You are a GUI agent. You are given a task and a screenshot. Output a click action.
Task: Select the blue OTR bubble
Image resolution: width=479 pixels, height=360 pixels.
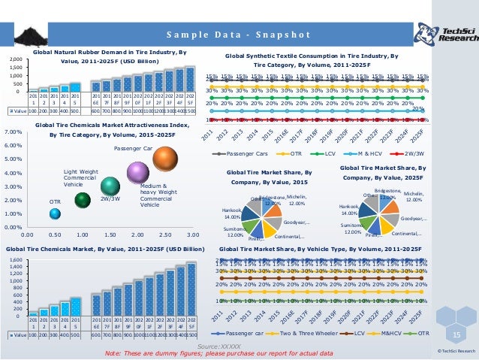pos(55,213)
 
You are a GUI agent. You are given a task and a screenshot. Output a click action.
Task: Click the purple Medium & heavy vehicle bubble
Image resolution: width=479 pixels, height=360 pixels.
pos(137,174)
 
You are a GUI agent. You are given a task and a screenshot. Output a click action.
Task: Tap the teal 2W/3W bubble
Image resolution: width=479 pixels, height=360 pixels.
pos(110,185)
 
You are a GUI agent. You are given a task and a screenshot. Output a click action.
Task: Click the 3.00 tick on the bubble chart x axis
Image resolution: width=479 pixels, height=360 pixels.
pos(191,234)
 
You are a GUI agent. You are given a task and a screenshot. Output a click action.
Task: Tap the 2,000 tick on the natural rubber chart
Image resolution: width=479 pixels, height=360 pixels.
pos(15,59)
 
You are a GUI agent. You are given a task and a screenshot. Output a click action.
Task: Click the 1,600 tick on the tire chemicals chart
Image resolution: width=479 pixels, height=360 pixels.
pos(16,260)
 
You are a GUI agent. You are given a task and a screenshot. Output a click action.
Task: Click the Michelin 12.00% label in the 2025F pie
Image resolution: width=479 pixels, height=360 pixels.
pos(414,197)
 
